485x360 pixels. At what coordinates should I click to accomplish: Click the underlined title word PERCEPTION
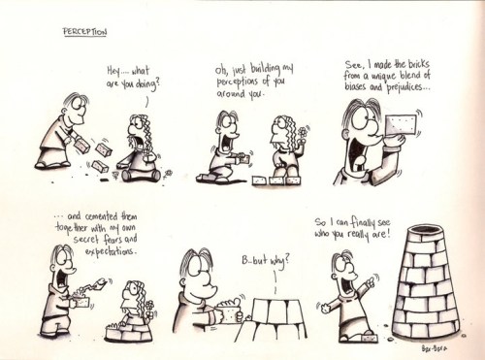[x=86, y=31]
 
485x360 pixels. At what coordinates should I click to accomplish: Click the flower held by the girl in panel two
[x=302, y=130]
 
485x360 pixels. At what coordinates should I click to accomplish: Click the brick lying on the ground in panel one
[x=99, y=166]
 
